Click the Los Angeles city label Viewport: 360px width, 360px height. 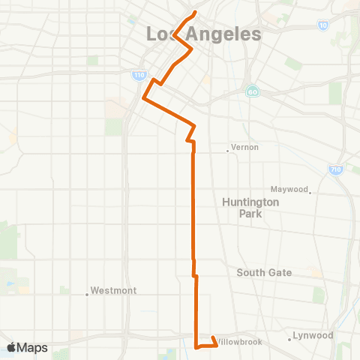(203, 34)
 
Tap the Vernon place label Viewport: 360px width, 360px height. (244, 148)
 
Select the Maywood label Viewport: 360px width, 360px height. (289, 189)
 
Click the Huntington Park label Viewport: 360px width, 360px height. (250, 208)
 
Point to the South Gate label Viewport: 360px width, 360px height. (264, 272)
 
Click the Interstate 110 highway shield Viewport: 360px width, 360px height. (139, 76)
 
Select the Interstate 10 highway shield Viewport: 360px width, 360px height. (322, 25)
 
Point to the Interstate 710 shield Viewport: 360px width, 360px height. (335, 170)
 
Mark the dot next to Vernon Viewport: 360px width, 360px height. (227, 151)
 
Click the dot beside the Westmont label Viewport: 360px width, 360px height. (87, 294)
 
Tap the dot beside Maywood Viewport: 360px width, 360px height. (310, 192)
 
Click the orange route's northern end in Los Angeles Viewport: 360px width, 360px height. (195, 13)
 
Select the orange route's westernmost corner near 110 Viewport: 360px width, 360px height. (143, 98)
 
